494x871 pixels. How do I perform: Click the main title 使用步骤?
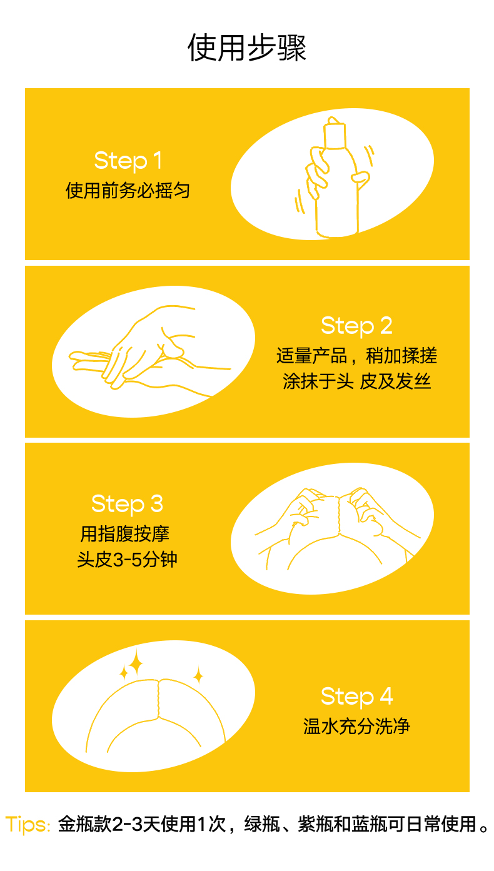click(x=247, y=48)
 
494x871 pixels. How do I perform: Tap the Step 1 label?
click(x=128, y=161)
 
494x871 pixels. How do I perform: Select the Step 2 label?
click(x=356, y=326)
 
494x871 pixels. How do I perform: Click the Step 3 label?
click(x=127, y=503)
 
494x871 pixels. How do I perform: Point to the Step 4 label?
click(x=356, y=696)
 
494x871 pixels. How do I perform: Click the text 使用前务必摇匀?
click(x=128, y=191)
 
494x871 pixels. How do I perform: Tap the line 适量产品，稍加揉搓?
click(x=356, y=355)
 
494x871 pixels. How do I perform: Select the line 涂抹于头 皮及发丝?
click(x=356, y=381)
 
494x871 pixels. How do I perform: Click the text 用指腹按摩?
click(x=125, y=533)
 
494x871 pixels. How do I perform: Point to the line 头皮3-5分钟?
click(x=127, y=560)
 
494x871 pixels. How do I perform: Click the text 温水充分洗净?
click(x=356, y=726)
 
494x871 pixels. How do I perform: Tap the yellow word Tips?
click(x=28, y=825)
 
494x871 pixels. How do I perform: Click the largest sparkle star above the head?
click(x=136, y=663)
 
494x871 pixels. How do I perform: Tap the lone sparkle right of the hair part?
click(x=198, y=675)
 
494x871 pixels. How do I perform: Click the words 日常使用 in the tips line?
click(x=441, y=824)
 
